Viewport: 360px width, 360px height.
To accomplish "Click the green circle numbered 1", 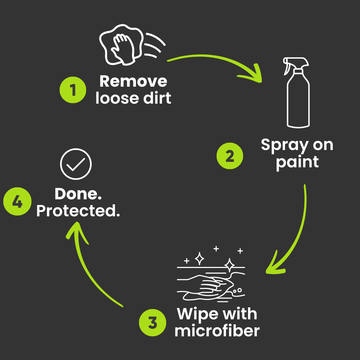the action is click(x=73, y=89).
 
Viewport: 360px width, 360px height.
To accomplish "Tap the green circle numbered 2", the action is click(x=230, y=156).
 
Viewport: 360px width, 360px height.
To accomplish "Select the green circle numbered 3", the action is click(x=152, y=323).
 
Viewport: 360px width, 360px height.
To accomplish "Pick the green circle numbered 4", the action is click(x=17, y=202).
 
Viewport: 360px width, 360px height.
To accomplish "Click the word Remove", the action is click(x=133, y=81).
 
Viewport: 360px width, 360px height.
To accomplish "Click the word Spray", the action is click(x=284, y=146).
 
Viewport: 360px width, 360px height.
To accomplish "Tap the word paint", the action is click(x=297, y=163).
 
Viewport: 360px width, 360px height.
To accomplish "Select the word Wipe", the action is click(x=198, y=314).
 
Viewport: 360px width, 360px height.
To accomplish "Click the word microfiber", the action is click(x=217, y=330).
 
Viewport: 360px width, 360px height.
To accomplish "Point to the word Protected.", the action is click(x=78, y=210).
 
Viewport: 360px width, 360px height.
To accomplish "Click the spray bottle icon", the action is click(x=297, y=92).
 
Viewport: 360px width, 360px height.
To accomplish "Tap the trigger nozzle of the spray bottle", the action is click(x=296, y=64).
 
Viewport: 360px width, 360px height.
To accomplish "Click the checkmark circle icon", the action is click(x=76, y=164).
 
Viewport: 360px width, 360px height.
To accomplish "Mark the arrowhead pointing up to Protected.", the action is click(x=76, y=232).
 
